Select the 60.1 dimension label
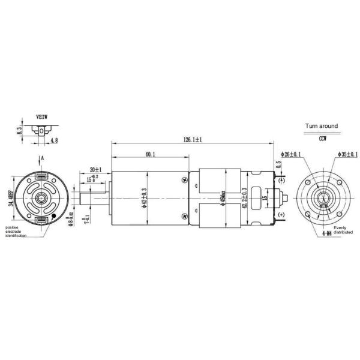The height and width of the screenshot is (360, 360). click(150, 155)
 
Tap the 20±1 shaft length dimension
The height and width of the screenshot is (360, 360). click(95, 169)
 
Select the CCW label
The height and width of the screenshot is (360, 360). click(322, 138)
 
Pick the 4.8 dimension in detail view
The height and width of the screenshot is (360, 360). click(54, 140)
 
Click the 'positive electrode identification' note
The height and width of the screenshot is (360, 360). click(17, 232)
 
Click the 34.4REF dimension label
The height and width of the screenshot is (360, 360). click(11, 196)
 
